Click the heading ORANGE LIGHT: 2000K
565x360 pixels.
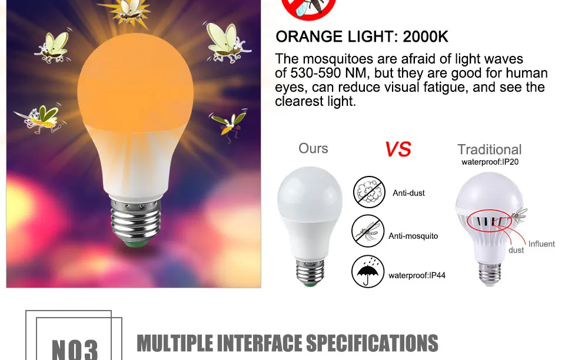[362, 37]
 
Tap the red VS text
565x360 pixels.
[398, 149]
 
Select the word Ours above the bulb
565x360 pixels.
[313, 148]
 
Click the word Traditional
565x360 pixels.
[490, 149]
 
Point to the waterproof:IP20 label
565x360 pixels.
[490, 162]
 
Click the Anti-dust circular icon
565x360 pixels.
[368, 192]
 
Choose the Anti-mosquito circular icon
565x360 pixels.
[368, 231]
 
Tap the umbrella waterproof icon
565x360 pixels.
[368, 271]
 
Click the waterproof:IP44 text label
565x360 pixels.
[417, 275]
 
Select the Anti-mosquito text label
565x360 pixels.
[413, 236]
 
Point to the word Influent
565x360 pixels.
[541, 244]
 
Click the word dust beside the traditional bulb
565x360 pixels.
[516, 251]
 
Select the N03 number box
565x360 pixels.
[74, 344]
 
